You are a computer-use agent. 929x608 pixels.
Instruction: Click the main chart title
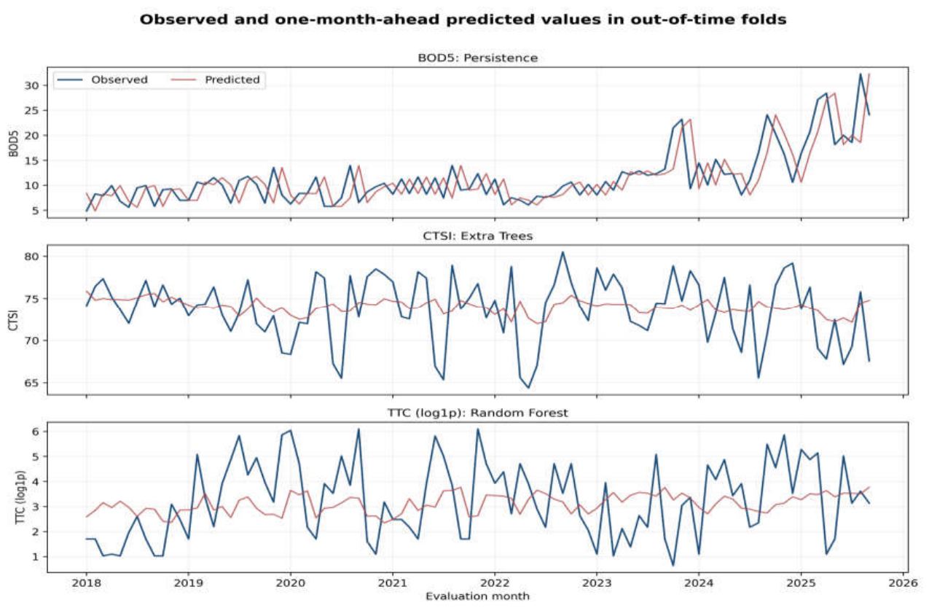point(463,20)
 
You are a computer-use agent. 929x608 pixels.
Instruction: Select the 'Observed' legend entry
point(103,79)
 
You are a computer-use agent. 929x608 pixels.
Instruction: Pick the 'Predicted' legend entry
point(216,79)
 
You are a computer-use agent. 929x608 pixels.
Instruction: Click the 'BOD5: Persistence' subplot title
point(477,58)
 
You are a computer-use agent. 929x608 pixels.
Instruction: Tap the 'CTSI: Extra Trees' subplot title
point(477,235)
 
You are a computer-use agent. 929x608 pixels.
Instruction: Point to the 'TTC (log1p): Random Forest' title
point(477,413)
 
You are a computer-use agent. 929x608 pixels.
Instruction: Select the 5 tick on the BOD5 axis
point(36,211)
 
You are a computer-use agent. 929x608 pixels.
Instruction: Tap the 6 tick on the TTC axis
point(36,432)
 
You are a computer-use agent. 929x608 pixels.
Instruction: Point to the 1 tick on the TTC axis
point(36,556)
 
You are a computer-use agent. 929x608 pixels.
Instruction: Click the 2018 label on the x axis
point(87,582)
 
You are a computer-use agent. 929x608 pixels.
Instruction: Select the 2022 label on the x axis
point(495,582)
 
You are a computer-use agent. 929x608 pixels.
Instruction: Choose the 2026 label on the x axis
point(903,582)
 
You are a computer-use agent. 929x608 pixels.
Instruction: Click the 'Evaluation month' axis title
point(477,596)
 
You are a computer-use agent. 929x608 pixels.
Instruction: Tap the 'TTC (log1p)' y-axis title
point(20,497)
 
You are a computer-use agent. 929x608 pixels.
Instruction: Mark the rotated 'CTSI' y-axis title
point(14,320)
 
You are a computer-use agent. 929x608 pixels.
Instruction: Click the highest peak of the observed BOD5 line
point(861,74)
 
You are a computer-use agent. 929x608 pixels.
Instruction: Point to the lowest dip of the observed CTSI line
point(528,388)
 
